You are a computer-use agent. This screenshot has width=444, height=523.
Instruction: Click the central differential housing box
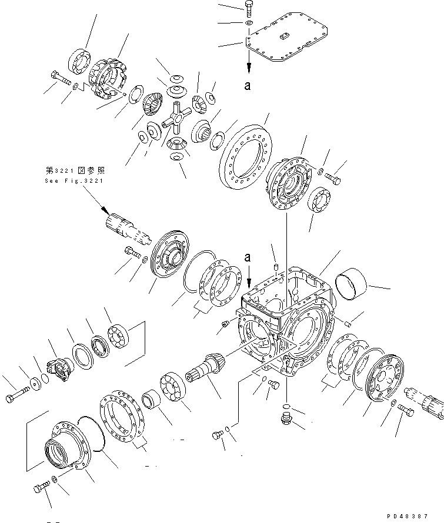click(285, 320)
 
